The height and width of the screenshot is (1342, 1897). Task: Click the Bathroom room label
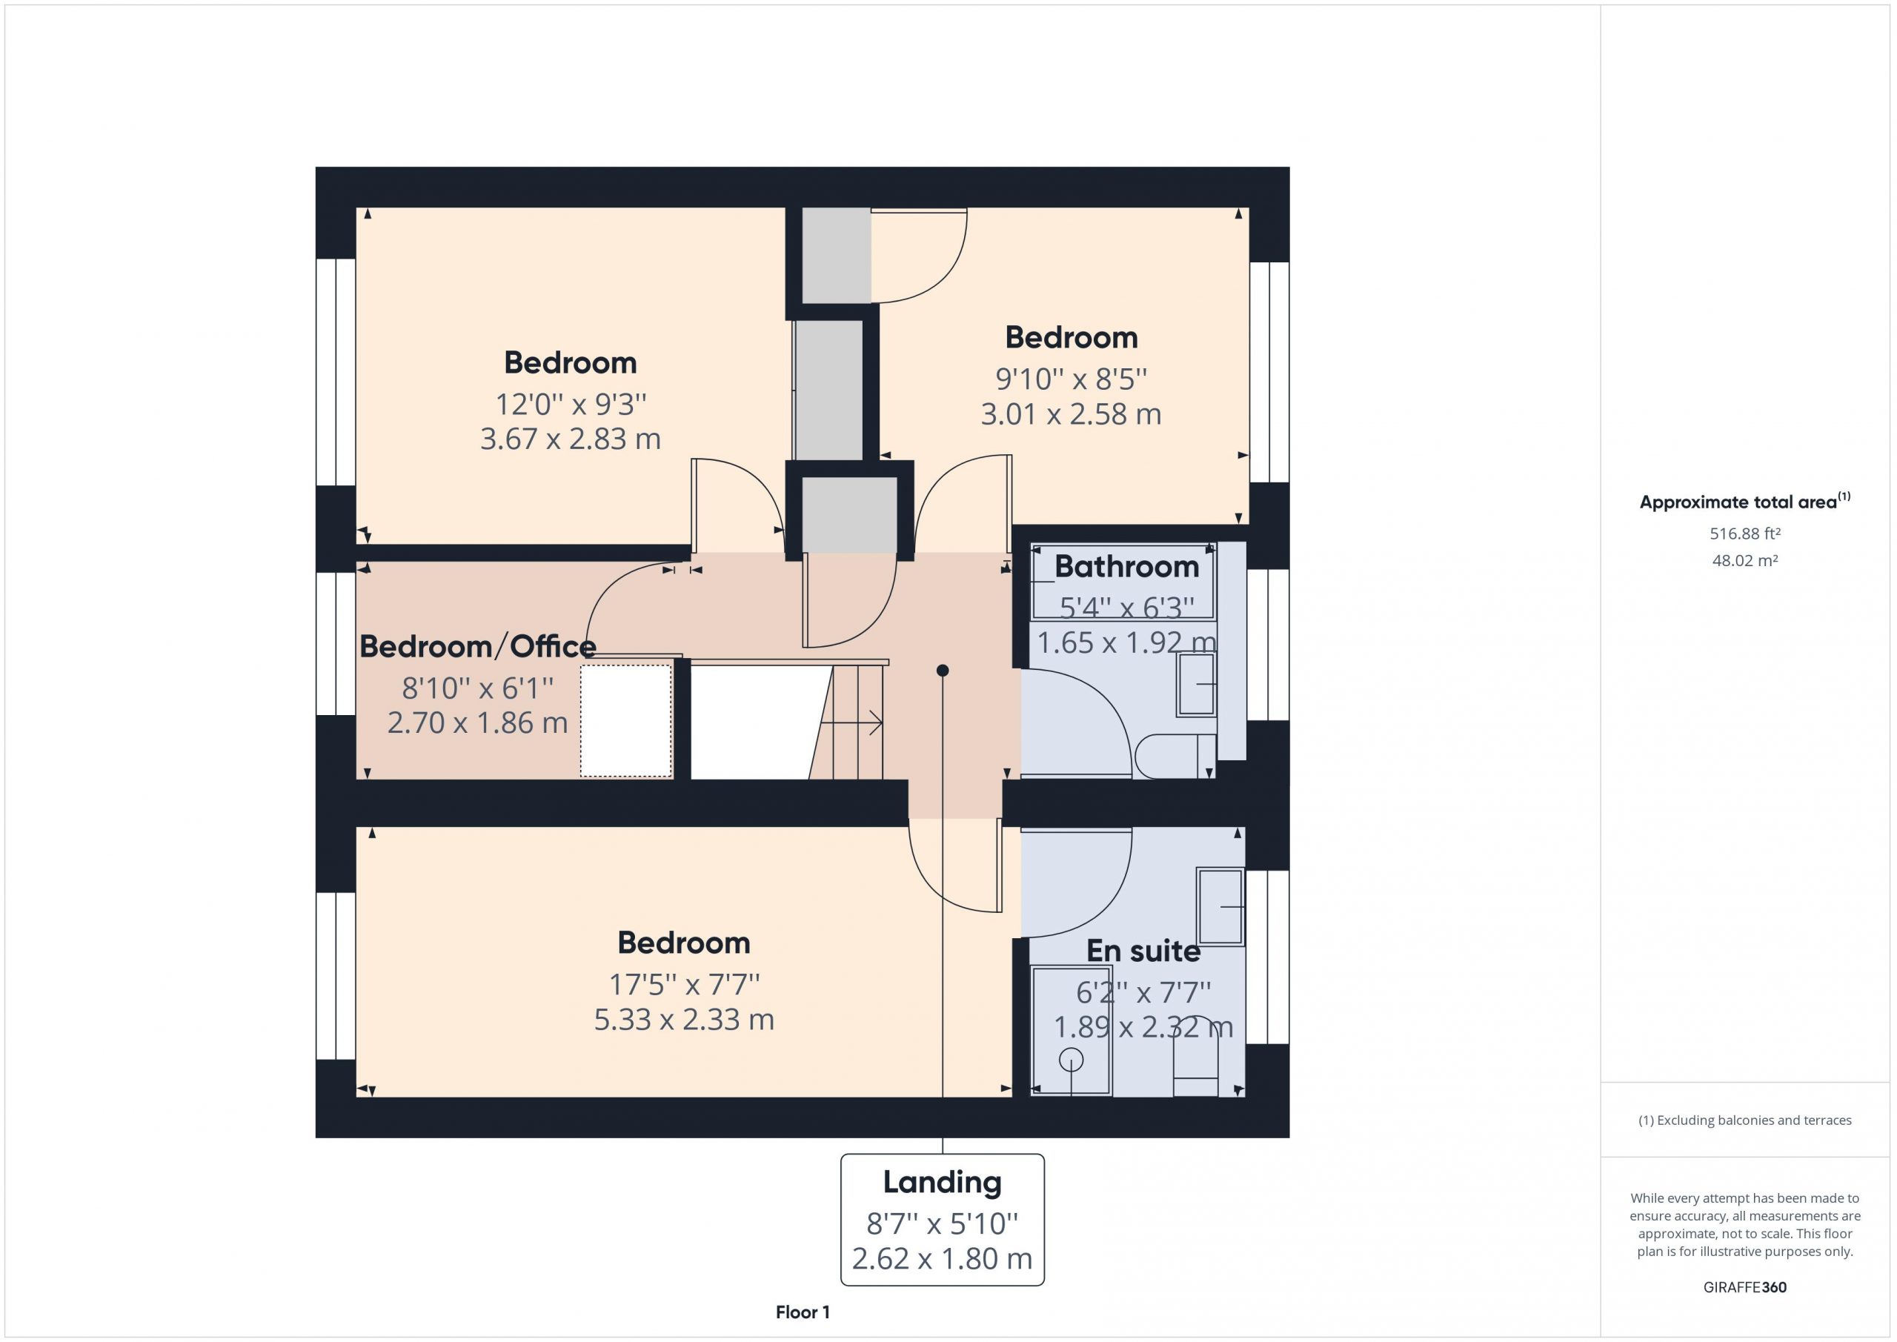pos(1126,567)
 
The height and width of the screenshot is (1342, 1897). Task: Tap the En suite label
pos(1143,951)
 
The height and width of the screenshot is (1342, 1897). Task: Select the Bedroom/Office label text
pos(477,646)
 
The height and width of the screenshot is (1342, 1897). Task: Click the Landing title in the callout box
pos(942,1183)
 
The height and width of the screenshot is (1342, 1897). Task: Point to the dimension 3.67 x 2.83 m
pos(570,439)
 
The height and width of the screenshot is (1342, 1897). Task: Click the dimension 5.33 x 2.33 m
pos(684,1020)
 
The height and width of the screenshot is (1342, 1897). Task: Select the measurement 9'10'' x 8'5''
pos(1071,379)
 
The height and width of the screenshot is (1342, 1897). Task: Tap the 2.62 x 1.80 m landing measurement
pos(942,1258)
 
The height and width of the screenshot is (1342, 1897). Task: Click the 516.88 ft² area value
pos(1744,534)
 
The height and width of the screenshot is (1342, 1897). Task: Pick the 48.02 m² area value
pos(1744,560)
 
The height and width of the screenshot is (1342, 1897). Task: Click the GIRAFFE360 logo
pos(1744,1287)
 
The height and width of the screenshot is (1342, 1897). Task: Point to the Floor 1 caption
pos(803,1312)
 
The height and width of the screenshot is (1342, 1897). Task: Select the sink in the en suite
pos(1220,906)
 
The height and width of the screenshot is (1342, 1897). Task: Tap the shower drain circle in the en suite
pos(1072,1060)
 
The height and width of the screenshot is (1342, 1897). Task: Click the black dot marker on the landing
pos(943,670)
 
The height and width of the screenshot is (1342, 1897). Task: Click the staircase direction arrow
pos(851,723)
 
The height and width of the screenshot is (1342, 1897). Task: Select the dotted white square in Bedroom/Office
pos(625,720)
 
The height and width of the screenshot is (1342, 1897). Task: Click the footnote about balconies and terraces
pos(1745,1120)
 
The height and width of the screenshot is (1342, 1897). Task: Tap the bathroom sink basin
pos(1196,684)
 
